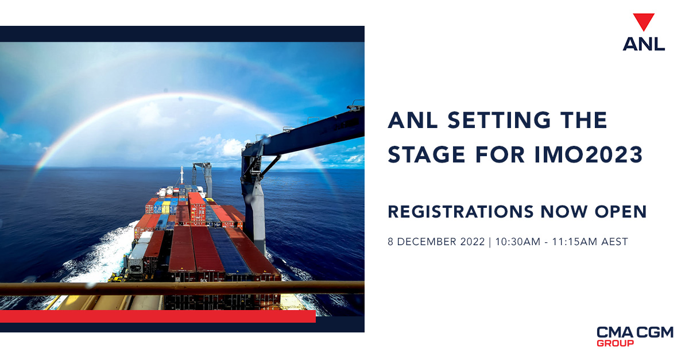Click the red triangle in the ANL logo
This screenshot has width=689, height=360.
644,22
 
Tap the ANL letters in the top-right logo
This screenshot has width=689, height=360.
644,44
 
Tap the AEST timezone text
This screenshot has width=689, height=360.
615,242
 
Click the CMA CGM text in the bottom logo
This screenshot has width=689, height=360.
634,332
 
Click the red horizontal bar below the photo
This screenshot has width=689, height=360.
158,316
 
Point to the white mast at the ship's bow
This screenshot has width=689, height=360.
182,175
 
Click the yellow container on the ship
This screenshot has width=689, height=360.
166,207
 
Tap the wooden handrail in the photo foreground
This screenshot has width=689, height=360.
172,288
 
